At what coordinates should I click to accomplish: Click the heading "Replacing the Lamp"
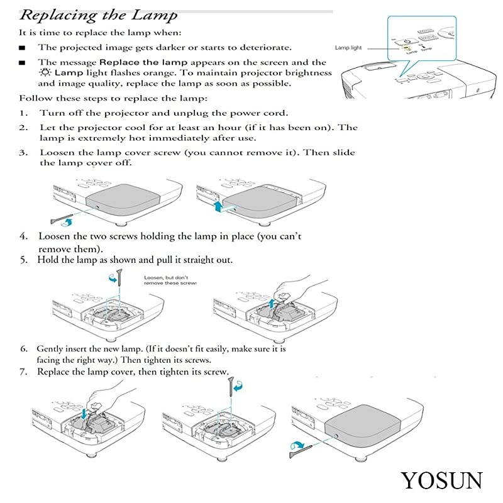pos(98,15)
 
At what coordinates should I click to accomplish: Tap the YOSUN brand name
pos(442,480)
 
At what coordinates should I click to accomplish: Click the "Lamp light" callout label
pos(348,48)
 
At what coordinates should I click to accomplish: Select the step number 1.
pos(23,113)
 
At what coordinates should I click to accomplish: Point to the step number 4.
pos(23,236)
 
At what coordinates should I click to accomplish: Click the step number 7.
pos(23,372)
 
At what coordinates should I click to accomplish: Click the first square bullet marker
pos(23,47)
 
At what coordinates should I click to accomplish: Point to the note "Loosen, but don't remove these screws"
pos(170,280)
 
